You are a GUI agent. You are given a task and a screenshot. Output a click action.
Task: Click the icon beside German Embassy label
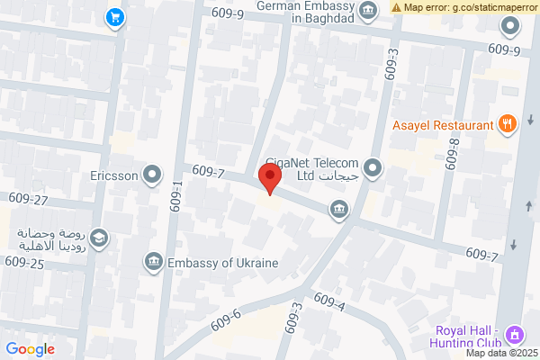pyautogui.click(x=368, y=11)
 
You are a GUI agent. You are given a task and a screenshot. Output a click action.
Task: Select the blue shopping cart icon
pyautogui.click(x=114, y=17)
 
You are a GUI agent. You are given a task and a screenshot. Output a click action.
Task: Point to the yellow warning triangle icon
pyautogui.click(x=396, y=7)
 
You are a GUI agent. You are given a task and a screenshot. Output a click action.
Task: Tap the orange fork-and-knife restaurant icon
pyautogui.click(x=508, y=125)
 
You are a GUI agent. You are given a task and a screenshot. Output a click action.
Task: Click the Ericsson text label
pyautogui.click(x=114, y=175)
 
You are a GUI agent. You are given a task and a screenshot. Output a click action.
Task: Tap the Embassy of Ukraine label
pyautogui.click(x=221, y=263)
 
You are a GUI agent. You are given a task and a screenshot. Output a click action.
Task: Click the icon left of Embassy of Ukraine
pyautogui.click(x=153, y=263)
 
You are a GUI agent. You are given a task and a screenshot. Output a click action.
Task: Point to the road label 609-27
pyautogui.click(x=27, y=198)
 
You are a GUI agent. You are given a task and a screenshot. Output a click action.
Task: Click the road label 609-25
pyautogui.click(x=23, y=262)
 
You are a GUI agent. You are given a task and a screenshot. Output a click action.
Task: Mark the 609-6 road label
pyautogui.click(x=225, y=319)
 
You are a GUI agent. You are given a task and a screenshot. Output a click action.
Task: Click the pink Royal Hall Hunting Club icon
pyautogui.click(x=514, y=335)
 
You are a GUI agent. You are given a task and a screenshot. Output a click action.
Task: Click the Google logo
pyautogui.click(x=31, y=349)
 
